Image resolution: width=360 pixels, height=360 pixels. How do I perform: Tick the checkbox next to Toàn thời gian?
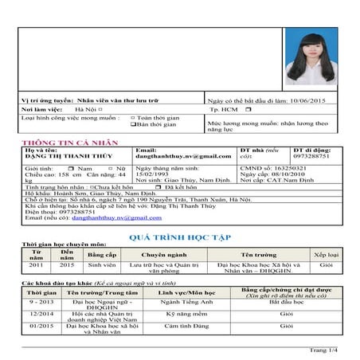pyautogui.click(x=132, y=118)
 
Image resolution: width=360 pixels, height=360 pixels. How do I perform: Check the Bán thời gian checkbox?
pyautogui.click(x=132, y=125)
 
